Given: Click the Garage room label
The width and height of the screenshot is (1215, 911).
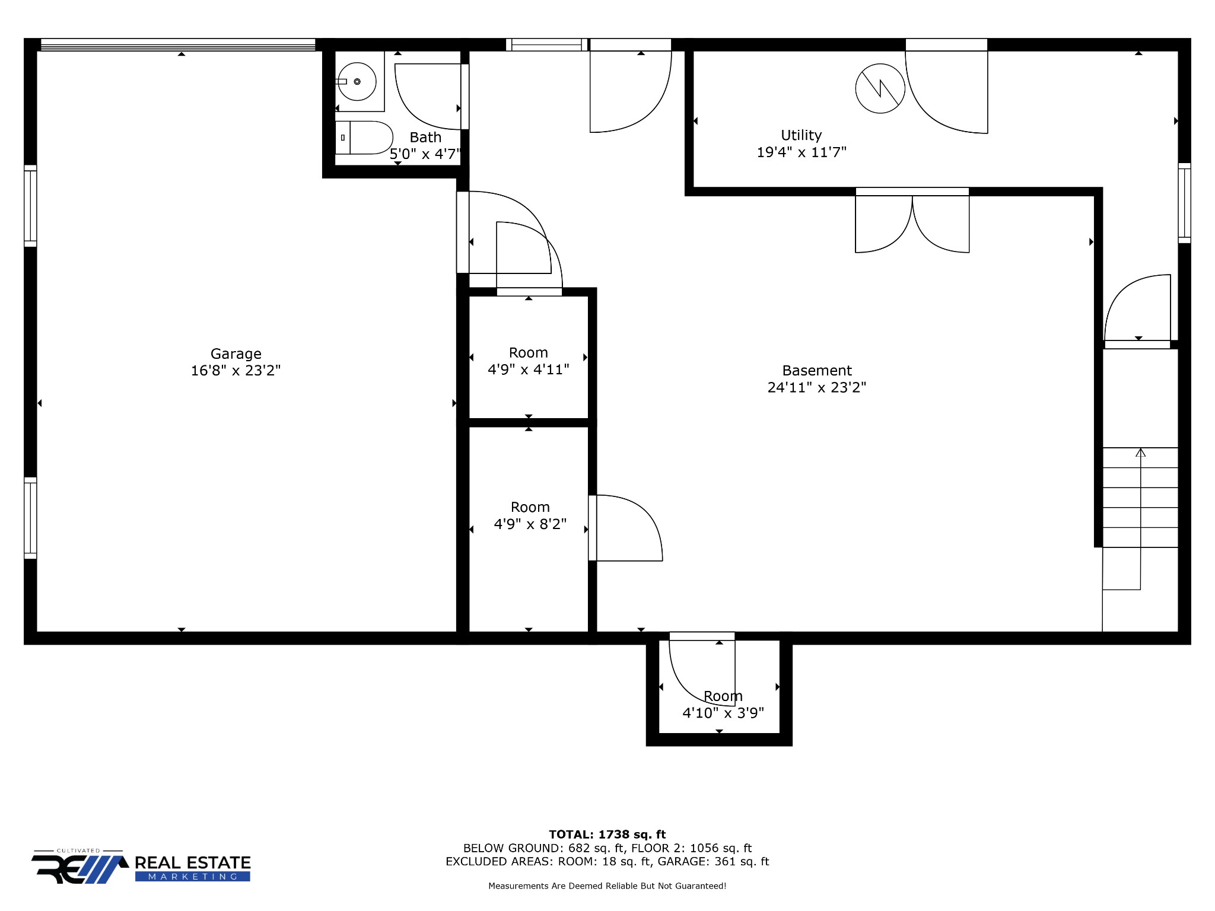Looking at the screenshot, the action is (x=236, y=354).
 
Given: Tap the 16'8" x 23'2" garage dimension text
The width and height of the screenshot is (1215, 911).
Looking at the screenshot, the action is (x=236, y=371).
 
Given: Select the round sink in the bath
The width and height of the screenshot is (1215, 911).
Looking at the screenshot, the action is (x=357, y=81).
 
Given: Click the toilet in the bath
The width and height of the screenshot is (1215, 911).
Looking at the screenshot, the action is (x=364, y=138).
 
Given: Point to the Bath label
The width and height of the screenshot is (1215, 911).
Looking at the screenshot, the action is (x=425, y=138).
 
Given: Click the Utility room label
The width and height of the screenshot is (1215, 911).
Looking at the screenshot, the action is (x=801, y=136).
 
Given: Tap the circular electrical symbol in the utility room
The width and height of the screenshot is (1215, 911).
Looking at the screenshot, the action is (x=880, y=88).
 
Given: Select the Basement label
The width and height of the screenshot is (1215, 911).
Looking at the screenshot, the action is (x=817, y=371).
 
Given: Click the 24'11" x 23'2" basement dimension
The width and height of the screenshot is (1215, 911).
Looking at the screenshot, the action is (x=817, y=387).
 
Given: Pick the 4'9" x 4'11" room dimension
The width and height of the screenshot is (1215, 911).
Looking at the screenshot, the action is (x=528, y=370).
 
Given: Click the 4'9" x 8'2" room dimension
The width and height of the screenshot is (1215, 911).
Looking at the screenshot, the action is (x=530, y=524).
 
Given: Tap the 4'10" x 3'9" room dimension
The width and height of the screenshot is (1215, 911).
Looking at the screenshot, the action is (x=723, y=713).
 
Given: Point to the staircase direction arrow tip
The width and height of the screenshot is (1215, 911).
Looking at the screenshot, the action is (x=1140, y=449).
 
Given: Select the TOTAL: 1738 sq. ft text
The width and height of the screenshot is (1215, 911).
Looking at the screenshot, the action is (x=607, y=834).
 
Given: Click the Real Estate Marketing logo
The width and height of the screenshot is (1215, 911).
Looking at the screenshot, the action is (x=142, y=867).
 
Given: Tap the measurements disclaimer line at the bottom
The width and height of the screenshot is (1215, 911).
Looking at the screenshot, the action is (x=607, y=886).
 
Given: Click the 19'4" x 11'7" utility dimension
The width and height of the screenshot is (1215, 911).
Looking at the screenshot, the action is (x=801, y=152).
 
